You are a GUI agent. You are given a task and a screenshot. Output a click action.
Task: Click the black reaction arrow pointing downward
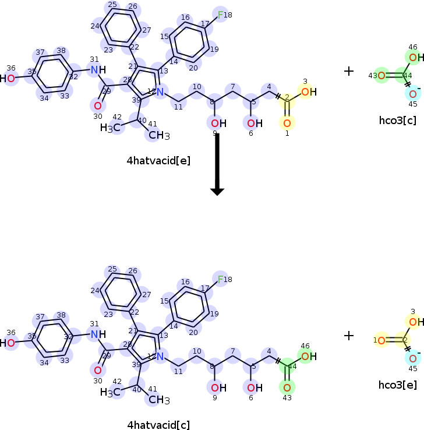pyautogui.click(x=217, y=163)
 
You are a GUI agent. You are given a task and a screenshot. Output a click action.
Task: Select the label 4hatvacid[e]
pyautogui.click(x=158, y=160)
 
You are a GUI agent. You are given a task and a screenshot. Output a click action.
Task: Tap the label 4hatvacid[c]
pyautogui.click(x=158, y=425)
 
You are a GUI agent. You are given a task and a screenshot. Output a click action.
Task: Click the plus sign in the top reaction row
pyautogui.click(x=348, y=71)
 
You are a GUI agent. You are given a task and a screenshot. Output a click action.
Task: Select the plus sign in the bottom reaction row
pyautogui.click(x=348, y=335)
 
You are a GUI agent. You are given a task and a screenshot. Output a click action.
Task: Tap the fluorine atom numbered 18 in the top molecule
pyautogui.click(x=221, y=15)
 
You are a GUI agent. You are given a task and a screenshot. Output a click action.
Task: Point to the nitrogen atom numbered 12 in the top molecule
pyautogui.click(x=160, y=92)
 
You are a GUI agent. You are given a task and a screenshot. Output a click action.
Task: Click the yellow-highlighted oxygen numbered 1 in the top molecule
pyautogui.click(x=287, y=123)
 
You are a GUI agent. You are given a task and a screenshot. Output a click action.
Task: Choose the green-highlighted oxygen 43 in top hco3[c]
pyautogui.click(x=381, y=75)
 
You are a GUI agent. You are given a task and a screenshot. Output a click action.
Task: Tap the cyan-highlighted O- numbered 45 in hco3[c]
pyautogui.click(x=413, y=94)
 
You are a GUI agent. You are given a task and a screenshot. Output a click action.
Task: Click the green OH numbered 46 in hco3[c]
pyautogui.click(x=413, y=57)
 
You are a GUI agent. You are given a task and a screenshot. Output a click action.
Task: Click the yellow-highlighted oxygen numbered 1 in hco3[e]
pyautogui.click(x=381, y=340)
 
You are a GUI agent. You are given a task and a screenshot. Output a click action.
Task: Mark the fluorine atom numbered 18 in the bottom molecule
pyautogui.click(x=221, y=279)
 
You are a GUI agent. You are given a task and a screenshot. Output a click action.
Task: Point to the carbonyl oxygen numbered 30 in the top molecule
pyautogui.click(x=97, y=105)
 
